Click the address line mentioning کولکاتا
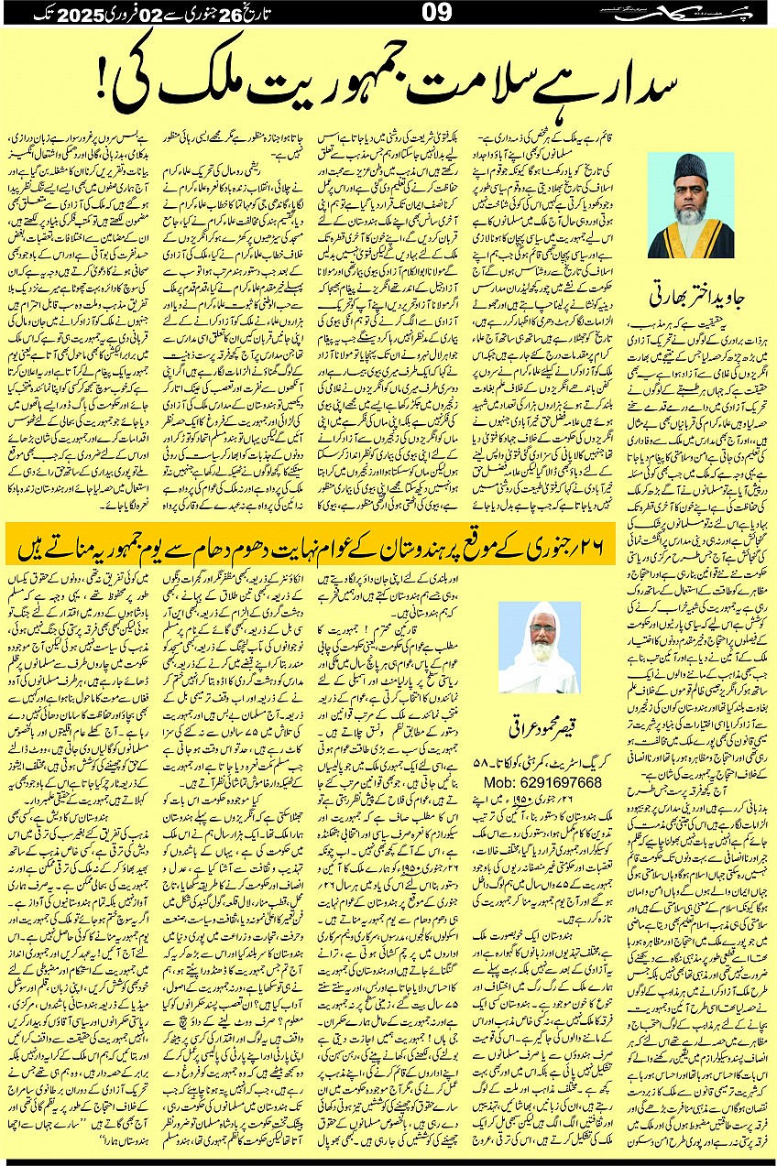(x=541, y=759)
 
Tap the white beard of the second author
(x=538, y=656)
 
